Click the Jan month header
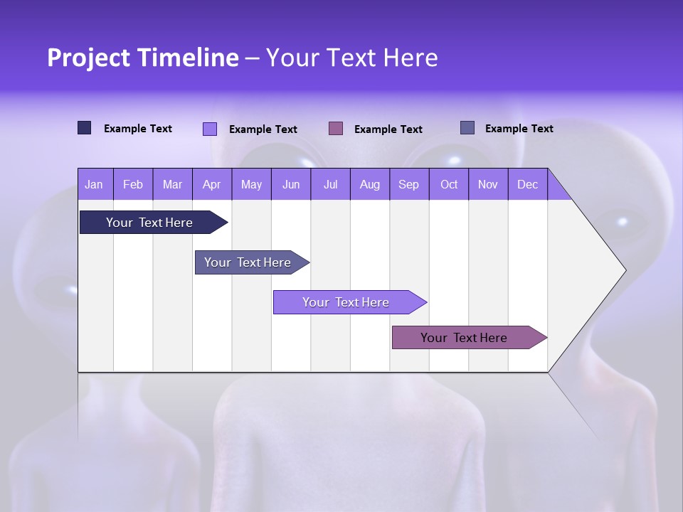95,184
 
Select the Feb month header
133,184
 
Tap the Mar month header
172,184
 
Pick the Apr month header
212,184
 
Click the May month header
251,184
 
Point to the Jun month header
291,184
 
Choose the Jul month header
330,184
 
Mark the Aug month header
370,184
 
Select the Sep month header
409,184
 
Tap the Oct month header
449,184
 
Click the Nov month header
488,184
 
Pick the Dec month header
528,184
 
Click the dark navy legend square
85,128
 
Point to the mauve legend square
336,128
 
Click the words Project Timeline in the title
143,58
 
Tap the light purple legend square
210,129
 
